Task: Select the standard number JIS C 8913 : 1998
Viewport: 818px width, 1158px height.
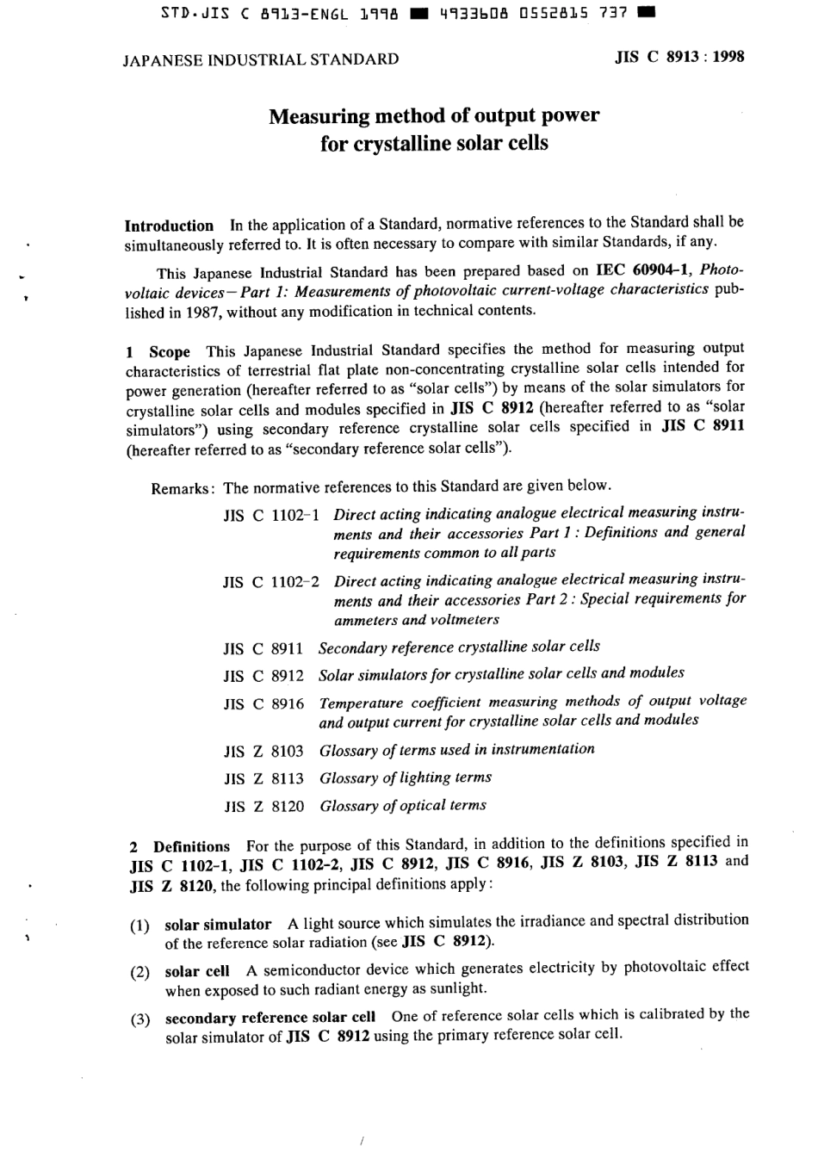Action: (x=679, y=58)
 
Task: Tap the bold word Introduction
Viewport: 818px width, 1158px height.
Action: (x=169, y=226)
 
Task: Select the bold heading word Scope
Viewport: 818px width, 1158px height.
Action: (x=170, y=351)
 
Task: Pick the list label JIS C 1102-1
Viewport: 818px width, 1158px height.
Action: (x=271, y=516)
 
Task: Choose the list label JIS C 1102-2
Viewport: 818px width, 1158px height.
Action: (x=271, y=581)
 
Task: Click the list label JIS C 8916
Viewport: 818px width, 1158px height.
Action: (x=263, y=703)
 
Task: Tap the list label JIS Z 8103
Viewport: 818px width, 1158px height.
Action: (x=263, y=751)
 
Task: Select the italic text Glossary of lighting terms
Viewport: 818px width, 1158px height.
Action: (x=406, y=777)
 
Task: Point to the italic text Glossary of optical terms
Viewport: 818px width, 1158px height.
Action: (x=403, y=806)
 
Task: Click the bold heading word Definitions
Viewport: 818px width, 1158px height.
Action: (x=191, y=846)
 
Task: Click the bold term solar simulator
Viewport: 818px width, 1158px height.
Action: (x=217, y=925)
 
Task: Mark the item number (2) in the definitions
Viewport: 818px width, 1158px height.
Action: (x=139, y=973)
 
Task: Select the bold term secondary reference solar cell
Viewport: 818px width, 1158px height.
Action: (x=270, y=1017)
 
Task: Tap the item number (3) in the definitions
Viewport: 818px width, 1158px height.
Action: (x=139, y=1020)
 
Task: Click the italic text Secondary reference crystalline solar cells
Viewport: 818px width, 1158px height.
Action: (x=459, y=647)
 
